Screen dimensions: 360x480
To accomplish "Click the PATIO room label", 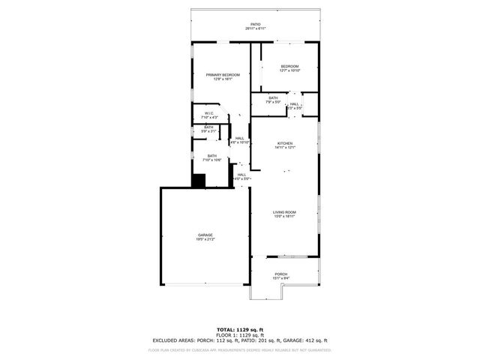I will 255,25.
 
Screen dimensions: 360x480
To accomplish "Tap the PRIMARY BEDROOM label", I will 225,75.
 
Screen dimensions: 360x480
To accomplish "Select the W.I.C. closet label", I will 210,113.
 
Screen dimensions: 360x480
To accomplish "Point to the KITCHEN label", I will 285,143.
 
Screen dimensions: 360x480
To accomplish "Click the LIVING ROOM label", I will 284,212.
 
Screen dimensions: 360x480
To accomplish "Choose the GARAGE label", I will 205,235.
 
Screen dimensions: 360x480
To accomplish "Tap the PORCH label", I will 281,274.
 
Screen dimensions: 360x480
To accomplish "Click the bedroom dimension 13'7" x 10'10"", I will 289,70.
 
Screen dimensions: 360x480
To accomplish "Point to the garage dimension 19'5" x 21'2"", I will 205,239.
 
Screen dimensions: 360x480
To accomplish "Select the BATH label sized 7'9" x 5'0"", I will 273,98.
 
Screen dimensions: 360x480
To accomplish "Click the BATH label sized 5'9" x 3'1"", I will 208,127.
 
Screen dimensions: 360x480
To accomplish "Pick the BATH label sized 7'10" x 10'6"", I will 212,156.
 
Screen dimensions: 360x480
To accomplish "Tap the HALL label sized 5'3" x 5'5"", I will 295,104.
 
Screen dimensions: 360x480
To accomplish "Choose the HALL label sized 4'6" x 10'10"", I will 240,138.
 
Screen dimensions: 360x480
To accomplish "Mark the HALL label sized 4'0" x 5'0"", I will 241,175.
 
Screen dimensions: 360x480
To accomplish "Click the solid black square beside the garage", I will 199,181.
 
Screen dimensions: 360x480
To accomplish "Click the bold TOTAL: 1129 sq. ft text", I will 240,330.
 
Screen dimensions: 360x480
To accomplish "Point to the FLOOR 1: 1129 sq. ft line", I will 240,335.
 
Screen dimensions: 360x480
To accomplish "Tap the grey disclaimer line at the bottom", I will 240,349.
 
